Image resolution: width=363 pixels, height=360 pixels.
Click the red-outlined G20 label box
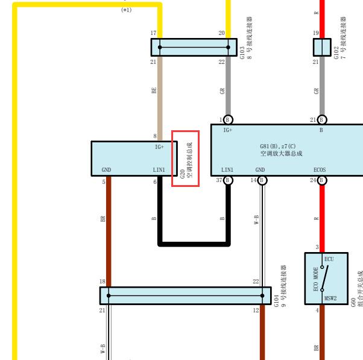(x=185, y=159)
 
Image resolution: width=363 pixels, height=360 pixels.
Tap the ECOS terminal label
(x=320, y=170)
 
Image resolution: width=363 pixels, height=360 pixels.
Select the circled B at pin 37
(x=228, y=180)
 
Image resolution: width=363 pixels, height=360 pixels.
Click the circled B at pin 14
(x=262, y=180)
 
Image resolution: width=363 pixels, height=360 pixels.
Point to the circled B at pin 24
(x=322, y=180)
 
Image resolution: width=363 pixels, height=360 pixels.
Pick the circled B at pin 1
(x=228, y=119)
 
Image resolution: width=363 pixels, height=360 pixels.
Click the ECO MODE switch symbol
(x=324, y=278)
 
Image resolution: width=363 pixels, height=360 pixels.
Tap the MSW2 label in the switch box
(x=330, y=298)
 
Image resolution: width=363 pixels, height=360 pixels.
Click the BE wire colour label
(x=154, y=90)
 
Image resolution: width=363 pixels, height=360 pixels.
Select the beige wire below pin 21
(x=160, y=98)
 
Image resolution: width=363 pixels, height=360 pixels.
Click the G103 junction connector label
(x=246, y=38)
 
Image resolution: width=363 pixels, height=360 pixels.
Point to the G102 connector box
(x=322, y=47)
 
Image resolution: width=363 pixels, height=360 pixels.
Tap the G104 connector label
(x=280, y=286)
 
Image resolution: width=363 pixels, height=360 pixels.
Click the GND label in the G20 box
(x=106, y=170)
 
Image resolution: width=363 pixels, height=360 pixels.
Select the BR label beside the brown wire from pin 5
(x=103, y=219)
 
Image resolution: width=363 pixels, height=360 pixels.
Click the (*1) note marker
(x=127, y=10)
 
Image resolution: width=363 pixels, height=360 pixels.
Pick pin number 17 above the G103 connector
(x=153, y=33)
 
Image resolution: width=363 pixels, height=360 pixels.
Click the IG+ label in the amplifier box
(x=227, y=130)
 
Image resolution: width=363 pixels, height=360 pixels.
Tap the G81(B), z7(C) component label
(x=278, y=147)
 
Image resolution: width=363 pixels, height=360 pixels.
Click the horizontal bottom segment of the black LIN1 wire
(x=194, y=244)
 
